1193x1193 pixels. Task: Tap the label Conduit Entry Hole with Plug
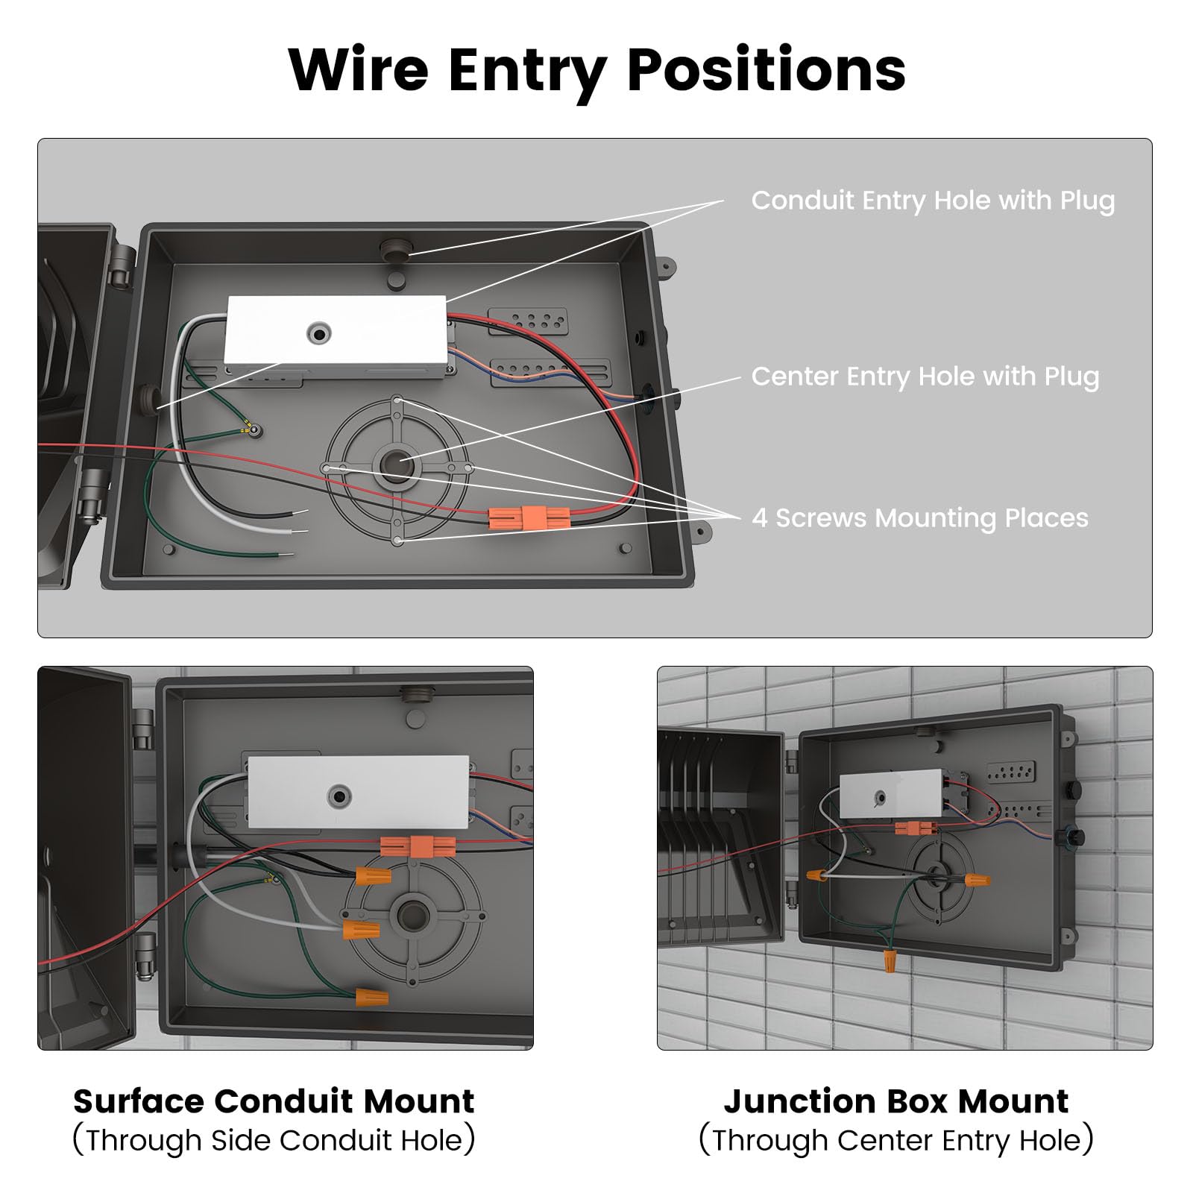pos(933,201)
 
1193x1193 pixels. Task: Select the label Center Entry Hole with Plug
pos(925,377)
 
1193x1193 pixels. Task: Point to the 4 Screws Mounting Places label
pos(919,517)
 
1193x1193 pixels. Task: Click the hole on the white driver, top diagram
pos(320,333)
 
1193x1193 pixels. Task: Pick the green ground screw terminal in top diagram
pos(255,430)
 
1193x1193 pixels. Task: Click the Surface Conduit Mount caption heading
pos(274,1101)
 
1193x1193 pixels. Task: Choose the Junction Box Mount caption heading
pos(895,1101)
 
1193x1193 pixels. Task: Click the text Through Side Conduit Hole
pos(274,1141)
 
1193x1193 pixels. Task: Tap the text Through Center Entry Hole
pos(895,1141)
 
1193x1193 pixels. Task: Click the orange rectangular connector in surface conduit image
pos(418,846)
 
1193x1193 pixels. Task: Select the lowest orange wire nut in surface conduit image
pos(371,997)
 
